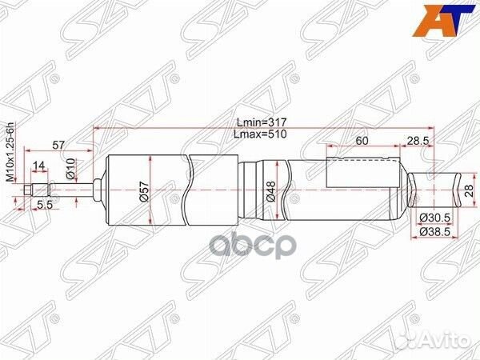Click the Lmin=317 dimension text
(261, 122)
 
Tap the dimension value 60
(362, 141)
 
